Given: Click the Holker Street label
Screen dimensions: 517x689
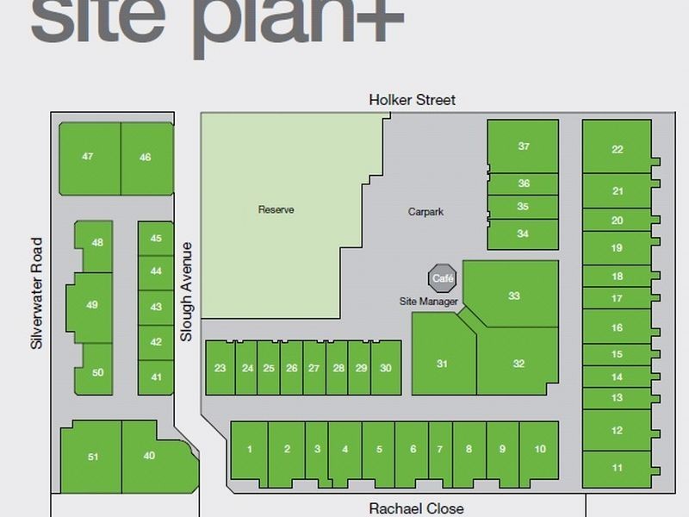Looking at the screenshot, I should coord(412,100).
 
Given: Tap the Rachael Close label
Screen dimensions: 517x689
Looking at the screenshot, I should coord(416,508).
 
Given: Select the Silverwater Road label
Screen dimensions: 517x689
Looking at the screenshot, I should coord(36,293).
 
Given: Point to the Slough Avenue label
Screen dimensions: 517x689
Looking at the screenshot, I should coord(186,291).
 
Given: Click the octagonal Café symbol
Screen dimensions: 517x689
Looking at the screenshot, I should coord(443,278).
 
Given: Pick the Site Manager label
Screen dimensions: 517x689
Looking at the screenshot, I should coord(429,302).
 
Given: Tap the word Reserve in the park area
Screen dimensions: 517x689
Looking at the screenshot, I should coord(276,209).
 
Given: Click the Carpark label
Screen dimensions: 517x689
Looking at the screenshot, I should coord(425,211).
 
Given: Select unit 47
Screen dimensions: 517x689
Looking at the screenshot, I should coord(88,157).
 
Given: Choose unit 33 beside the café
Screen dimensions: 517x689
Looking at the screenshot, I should coord(513,296).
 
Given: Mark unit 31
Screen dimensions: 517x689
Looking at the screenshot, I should coord(442,364).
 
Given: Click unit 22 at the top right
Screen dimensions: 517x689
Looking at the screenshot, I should coord(617,149).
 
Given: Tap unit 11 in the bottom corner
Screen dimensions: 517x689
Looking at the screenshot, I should coord(617,468).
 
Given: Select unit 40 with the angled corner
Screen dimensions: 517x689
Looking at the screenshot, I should coord(149,456).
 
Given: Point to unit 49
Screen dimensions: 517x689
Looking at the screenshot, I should coord(92,304).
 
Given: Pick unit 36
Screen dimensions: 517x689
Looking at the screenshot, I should coord(523,184).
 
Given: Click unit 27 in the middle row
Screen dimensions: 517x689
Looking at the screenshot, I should coord(314,368).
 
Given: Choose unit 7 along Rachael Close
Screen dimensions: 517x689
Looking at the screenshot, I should coord(439,449).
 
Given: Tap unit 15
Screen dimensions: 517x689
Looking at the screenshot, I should coord(617,354).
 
